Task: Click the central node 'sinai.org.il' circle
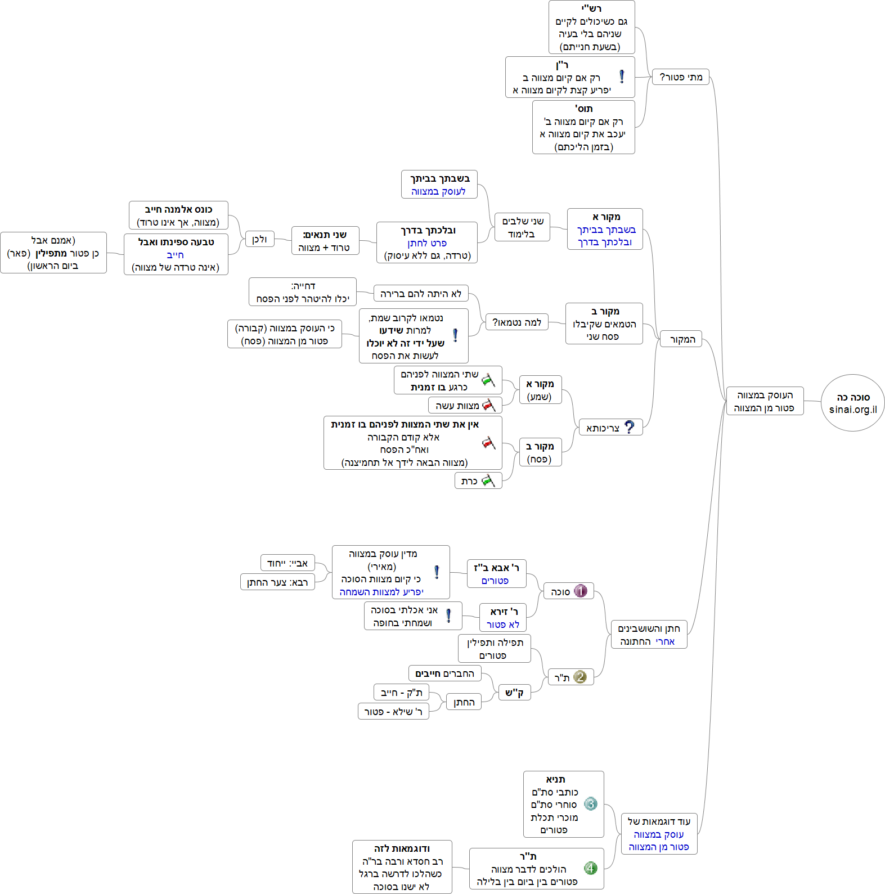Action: (852, 403)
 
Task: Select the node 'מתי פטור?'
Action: (680, 77)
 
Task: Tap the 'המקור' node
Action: (682, 339)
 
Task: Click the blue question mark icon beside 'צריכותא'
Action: (630, 428)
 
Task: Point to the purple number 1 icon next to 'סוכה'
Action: (581, 591)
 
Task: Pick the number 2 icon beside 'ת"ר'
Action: (580, 677)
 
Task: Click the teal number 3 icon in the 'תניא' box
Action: (590, 803)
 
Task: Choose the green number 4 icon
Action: (590, 868)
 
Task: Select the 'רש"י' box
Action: (591, 27)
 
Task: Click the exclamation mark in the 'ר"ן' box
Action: (622, 77)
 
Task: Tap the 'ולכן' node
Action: (259, 239)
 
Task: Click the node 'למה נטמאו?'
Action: (516, 322)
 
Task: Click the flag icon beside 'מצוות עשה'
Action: (488, 405)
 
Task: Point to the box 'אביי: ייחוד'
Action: (287, 563)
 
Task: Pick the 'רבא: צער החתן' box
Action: (277, 582)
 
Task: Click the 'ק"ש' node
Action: (514, 693)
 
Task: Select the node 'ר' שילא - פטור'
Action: (393, 711)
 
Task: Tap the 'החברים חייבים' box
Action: (444, 673)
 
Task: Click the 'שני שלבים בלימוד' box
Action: (522, 227)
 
